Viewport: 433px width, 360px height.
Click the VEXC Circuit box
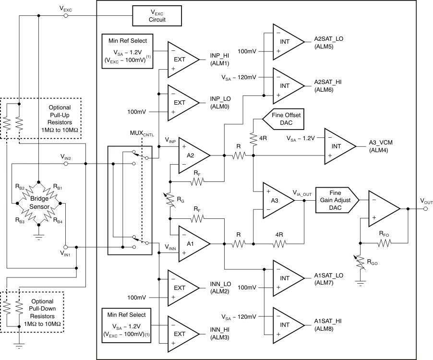pyautogui.click(x=157, y=16)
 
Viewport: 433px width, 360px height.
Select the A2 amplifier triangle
pyautogui.click(x=191, y=156)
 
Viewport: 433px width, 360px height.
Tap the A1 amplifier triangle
pyautogui.click(x=191, y=244)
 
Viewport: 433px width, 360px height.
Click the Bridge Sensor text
pyautogui.click(x=38, y=203)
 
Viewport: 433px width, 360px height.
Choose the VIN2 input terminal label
pyautogui.click(x=65, y=156)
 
